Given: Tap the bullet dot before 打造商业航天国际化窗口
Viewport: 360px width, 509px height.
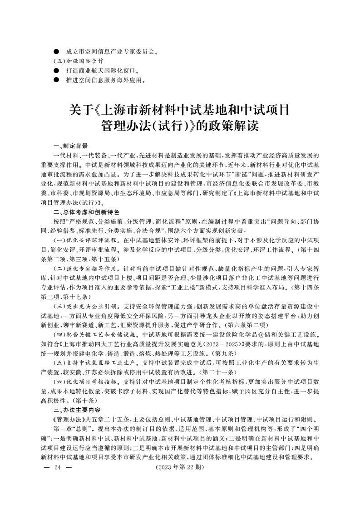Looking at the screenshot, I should click(56, 71).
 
